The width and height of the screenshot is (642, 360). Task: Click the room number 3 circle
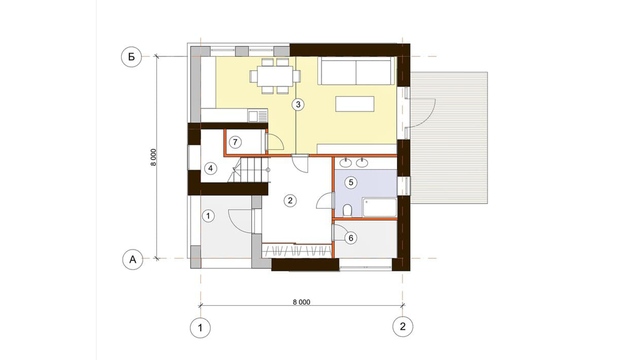tap(298, 104)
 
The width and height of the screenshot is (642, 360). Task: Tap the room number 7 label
tap(235, 142)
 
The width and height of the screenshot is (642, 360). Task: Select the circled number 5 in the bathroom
tap(351, 182)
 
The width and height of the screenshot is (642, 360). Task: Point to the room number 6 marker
tap(351, 238)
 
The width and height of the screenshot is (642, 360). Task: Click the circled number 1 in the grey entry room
tap(208, 216)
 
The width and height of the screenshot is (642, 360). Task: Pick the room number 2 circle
tap(290, 200)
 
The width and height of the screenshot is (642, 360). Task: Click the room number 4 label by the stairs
tap(211, 168)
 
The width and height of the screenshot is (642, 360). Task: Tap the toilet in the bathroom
tap(347, 211)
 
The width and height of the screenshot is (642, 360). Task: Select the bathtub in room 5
tap(379, 207)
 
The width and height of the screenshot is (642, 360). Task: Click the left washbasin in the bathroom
tap(346, 162)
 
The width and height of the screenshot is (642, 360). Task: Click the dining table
tap(275, 76)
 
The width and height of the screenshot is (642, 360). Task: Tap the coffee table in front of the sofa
tap(355, 104)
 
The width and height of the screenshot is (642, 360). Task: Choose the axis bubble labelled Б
tap(131, 57)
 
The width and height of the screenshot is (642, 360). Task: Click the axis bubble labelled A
tap(133, 259)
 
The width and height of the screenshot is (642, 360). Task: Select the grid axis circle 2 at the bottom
tap(403, 326)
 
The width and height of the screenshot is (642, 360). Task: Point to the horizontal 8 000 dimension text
tap(301, 302)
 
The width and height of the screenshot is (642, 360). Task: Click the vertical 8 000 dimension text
tap(153, 157)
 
